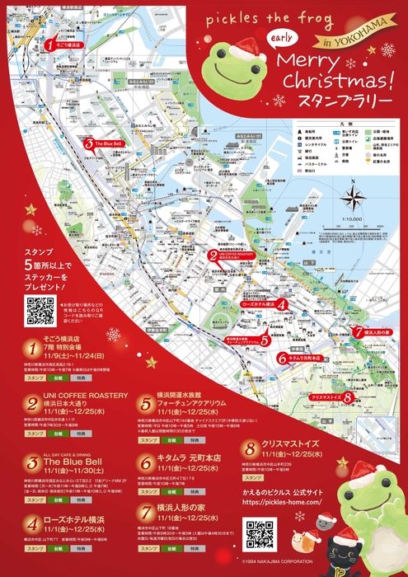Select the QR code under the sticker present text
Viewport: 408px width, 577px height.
coord(39,311)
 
